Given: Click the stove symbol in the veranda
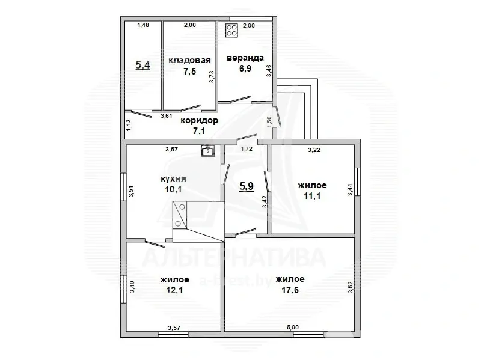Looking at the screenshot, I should [x=231, y=31].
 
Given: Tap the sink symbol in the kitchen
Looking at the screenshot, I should [x=207, y=151].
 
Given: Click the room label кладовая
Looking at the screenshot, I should [x=189, y=60].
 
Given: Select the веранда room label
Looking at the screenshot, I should [x=245, y=58].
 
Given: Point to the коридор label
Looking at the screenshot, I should [x=199, y=120].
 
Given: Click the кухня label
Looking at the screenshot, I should [x=173, y=179].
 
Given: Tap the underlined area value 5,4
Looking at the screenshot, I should [x=143, y=65].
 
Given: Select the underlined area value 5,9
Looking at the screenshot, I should [x=247, y=186].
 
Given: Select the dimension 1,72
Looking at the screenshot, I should [x=246, y=148].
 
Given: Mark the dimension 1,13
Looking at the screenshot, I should [x=129, y=124].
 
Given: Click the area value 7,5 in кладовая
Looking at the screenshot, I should [x=189, y=70].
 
